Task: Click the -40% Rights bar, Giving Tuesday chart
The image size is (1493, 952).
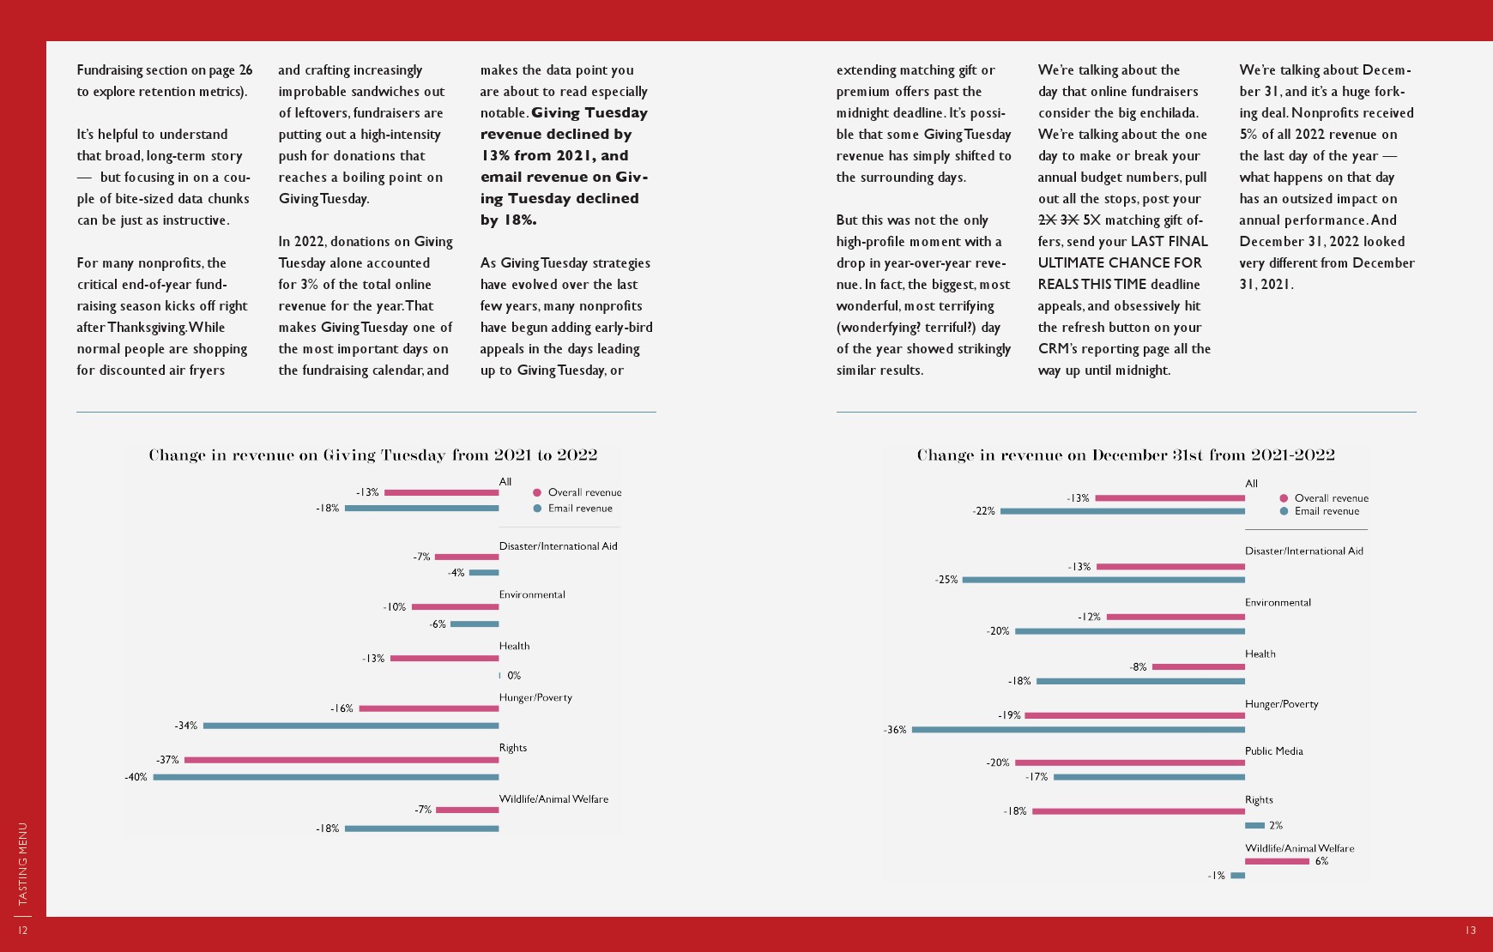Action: (326, 777)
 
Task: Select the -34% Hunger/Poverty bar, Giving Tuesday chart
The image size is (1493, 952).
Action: (351, 726)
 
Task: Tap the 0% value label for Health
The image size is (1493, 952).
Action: (514, 676)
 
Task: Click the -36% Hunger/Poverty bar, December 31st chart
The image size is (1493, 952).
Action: (1079, 730)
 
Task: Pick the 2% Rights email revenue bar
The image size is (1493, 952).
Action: (1254, 825)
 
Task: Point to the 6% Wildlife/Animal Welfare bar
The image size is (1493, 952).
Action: (1277, 861)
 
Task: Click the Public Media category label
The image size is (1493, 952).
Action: (1273, 751)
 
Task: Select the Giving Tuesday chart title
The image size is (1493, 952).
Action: (373, 455)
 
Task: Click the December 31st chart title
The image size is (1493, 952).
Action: (1126, 455)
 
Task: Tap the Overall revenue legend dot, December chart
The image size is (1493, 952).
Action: (1284, 498)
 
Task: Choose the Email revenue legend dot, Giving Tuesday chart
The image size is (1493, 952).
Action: (538, 509)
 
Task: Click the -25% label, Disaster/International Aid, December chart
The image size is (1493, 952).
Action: (946, 580)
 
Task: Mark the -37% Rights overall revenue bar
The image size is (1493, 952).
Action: (342, 760)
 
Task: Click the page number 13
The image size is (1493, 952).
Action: (1471, 931)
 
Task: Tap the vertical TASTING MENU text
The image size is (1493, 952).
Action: (23, 864)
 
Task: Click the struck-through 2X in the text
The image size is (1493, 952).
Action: (1047, 220)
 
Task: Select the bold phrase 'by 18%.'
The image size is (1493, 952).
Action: (508, 220)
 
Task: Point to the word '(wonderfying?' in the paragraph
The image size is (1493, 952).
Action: (877, 328)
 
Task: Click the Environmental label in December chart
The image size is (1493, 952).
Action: (1278, 603)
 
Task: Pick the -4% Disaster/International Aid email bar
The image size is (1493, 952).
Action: (484, 573)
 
